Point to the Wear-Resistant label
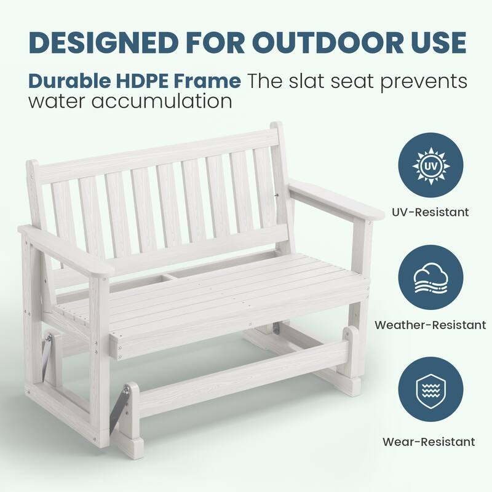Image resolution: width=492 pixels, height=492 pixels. [x=429, y=441]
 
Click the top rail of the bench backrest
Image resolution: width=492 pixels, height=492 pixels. [x=154, y=154]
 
